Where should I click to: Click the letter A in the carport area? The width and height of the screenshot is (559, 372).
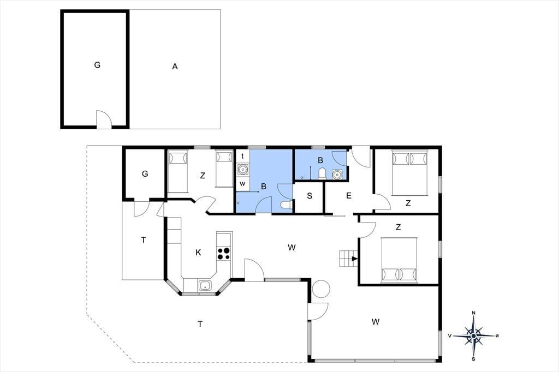click(x=175, y=67)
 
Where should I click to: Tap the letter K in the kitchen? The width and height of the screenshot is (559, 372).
click(x=198, y=253)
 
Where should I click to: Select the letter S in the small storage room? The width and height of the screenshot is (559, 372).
click(x=310, y=196)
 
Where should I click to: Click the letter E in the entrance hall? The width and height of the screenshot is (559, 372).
click(x=349, y=195)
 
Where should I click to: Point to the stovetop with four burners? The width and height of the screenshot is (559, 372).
click(x=224, y=253)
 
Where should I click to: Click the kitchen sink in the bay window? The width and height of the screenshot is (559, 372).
click(x=205, y=285)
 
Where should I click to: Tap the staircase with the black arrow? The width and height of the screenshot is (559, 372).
click(x=348, y=259)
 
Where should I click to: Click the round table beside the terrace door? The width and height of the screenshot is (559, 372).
click(x=321, y=289)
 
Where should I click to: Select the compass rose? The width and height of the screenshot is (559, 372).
click(x=473, y=335)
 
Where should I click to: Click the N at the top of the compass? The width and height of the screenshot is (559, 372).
click(x=473, y=313)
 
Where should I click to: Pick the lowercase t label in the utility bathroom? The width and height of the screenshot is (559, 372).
click(x=242, y=156)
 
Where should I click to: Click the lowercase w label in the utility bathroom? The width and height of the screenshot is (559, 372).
click(x=242, y=184)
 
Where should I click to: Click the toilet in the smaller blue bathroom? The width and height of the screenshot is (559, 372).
click(x=322, y=173)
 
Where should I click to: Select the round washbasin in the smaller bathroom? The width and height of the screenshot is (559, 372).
click(x=336, y=174)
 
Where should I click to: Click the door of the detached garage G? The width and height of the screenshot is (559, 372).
click(x=104, y=119)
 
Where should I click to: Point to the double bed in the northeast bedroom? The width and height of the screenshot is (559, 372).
click(x=409, y=173)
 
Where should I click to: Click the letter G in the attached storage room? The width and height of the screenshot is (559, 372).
click(x=145, y=174)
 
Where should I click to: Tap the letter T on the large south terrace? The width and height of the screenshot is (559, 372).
click(x=200, y=324)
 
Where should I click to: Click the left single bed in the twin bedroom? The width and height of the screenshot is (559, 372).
click(x=177, y=172)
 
